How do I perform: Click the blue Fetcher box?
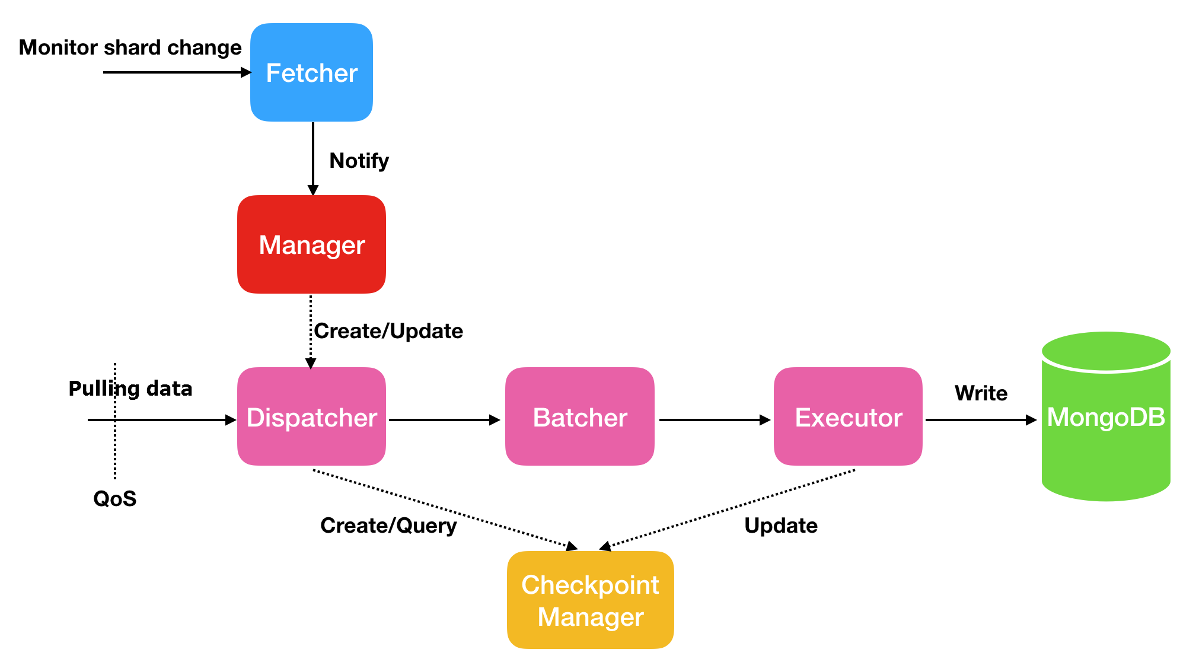tap(311, 73)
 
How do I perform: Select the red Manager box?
tap(311, 244)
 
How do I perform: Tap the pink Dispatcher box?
tap(311, 417)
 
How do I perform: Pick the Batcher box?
tap(579, 417)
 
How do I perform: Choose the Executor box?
tap(848, 417)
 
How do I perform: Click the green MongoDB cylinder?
tap(1106, 417)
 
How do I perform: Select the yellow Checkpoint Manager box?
tap(590, 600)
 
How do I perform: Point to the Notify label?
tap(359, 161)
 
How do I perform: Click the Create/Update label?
tap(388, 331)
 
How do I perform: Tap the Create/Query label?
tap(388, 526)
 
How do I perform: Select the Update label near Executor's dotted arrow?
tap(781, 526)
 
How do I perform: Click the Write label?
tap(981, 393)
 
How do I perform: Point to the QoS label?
tap(115, 499)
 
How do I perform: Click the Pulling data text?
tap(130, 389)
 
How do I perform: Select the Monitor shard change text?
tap(130, 47)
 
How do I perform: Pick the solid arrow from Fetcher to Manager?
tap(313, 157)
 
